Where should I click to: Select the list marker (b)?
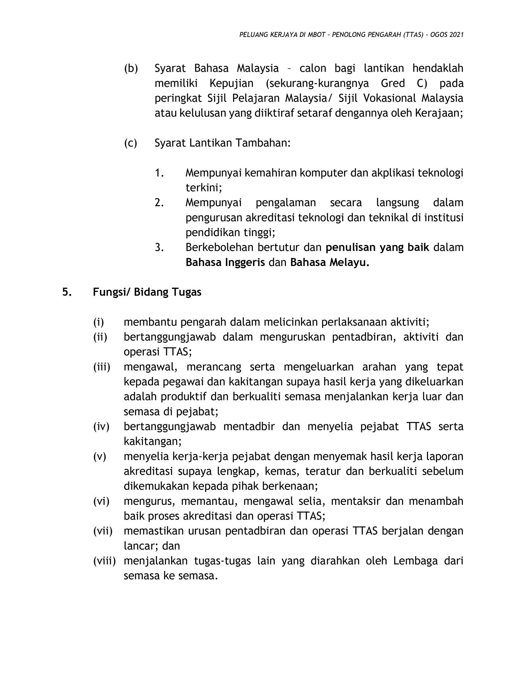(x=131, y=68)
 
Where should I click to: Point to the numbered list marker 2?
(x=159, y=203)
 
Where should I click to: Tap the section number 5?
(x=66, y=292)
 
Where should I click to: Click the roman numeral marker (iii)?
(x=101, y=367)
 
